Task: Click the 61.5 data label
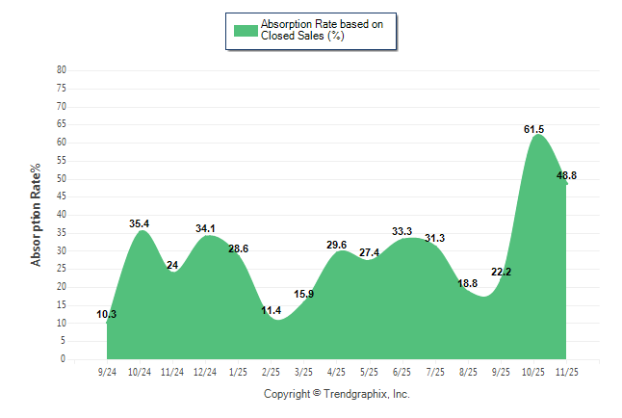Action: click(533, 129)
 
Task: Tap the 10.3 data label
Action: click(107, 314)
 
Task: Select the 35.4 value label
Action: click(141, 224)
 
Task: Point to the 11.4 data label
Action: click(271, 310)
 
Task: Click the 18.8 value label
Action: click(467, 283)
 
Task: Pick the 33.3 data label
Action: click(402, 231)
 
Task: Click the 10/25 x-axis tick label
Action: click(532, 371)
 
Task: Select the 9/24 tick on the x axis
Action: click(108, 371)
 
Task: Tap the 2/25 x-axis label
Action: click(271, 371)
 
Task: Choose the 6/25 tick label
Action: click(402, 371)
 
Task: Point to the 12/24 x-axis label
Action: click(205, 371)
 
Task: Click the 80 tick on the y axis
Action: click(62, 70)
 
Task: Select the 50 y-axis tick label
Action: click(62, 178)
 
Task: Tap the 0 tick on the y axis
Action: click(64, 359)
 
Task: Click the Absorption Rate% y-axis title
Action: click(37, 215)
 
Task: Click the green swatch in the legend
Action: click(246, 31)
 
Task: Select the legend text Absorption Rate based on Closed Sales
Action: click(328, 30)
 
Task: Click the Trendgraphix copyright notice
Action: click(337, 394)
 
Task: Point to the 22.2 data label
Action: click(501, 273)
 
